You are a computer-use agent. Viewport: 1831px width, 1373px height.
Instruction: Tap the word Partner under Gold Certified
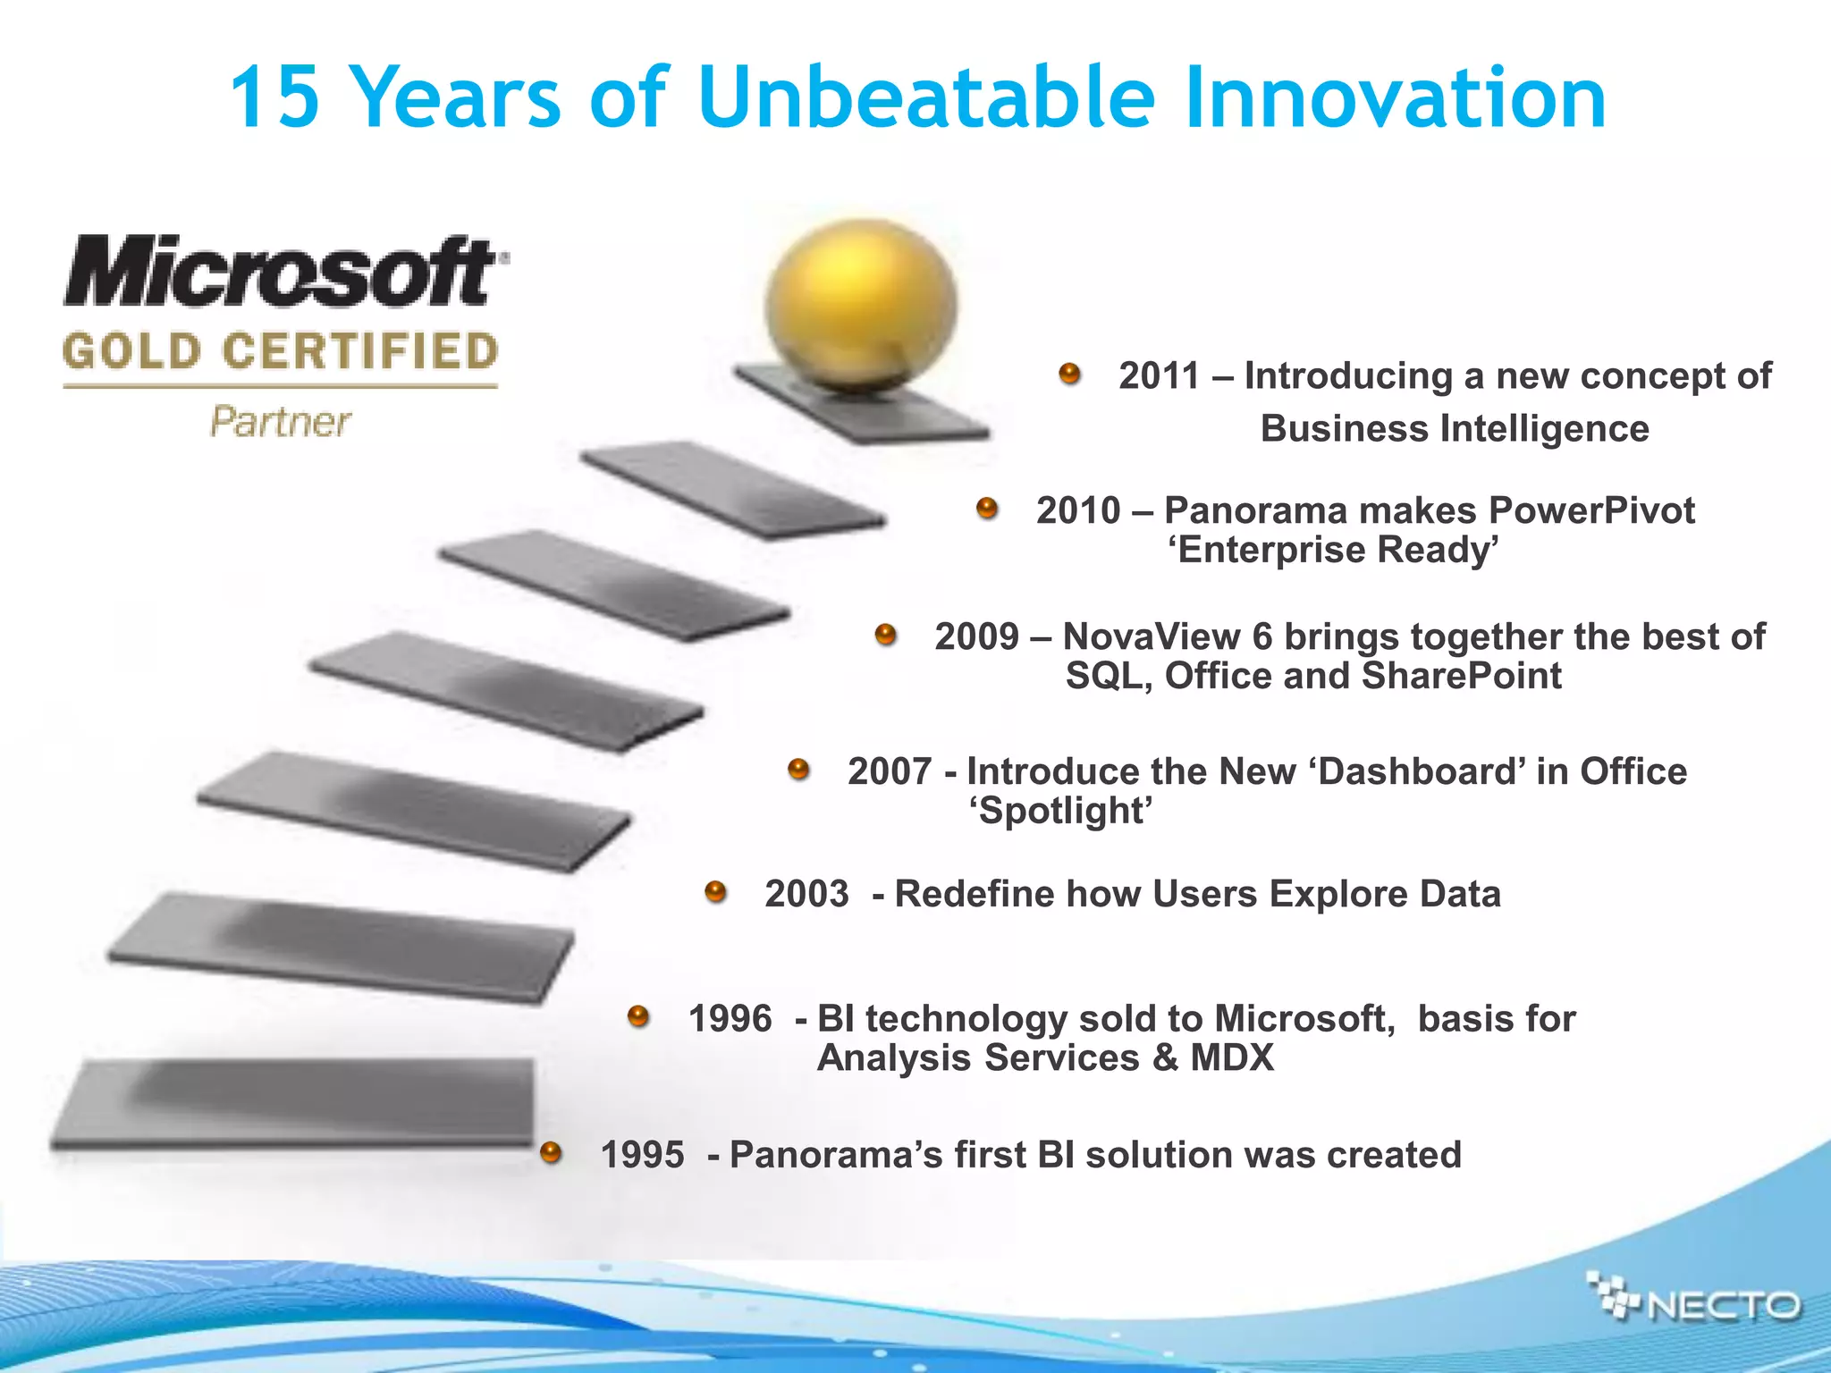pyautogui.click(x=281, y=422)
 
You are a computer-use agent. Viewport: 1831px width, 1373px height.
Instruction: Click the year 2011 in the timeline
pyautogui.click(x=1160, y=376)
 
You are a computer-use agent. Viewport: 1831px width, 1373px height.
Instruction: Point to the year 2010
pyautogui.click(x=1078, y=510)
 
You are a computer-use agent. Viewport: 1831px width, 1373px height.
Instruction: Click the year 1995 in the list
pyautogui.click(x=642, y=1155)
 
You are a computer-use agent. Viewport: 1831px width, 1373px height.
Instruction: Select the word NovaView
pyautogui.click(x=1152, y=636)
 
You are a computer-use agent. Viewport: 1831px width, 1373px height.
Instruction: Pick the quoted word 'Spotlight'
pyautogui.click(x=1061, y=811)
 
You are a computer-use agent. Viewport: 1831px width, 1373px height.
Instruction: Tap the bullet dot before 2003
pyautogui.click(x=715, y=891)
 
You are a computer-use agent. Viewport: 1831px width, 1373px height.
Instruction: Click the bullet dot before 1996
pyautogui.click(x=638, y=1016)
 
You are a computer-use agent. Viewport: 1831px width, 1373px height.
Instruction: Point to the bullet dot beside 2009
pyautogui.click(x=885, y=635)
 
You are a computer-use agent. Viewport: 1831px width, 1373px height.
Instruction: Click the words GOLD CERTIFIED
pyautogui.click(x=281, y=351)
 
